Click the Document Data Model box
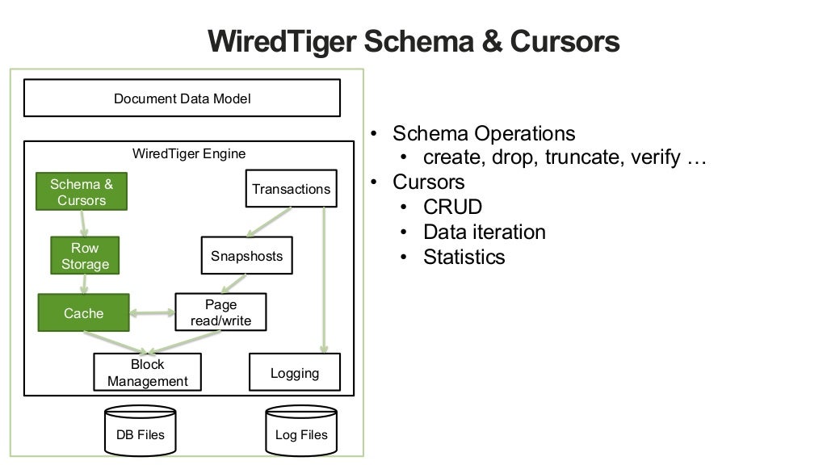tap(182, 98)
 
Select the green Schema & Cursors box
tap(82, 192)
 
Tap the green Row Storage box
tap(85, 256)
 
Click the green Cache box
tap(83, 313)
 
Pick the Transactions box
tap(291, 189)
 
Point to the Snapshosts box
tap(246, 256)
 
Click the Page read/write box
tap(220, 312)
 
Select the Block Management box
tap(147, 373)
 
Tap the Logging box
tap(294, 373)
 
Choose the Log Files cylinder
tap(301, 432)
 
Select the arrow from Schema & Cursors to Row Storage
tap(82, 224)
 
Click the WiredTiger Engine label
tap(189, 153)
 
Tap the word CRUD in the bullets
tap(452, 207)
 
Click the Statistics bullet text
tap(464, 257)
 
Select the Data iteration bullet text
tap(484, 232)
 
